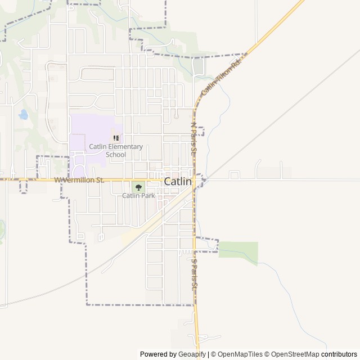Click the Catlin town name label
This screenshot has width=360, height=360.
click(x=178, y=182)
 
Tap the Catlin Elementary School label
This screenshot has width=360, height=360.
click(x=116, y=150)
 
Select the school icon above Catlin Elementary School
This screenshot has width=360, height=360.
click(x=116, y=138)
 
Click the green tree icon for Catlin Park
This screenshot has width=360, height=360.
click(x=138, y=187)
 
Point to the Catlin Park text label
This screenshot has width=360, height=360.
click(x=138, y=196)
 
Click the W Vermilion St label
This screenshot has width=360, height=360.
click(x=79, y=180)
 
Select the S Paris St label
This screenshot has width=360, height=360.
click(x=195, y=274)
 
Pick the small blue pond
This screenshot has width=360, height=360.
click(x=23, y=115)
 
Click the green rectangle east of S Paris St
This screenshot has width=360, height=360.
click(x=238, y=250)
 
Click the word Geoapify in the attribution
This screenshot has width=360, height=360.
click(x=191, y=354)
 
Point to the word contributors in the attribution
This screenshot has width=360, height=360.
click(x=339, y=354)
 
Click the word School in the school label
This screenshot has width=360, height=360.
click(x=116, y=154)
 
